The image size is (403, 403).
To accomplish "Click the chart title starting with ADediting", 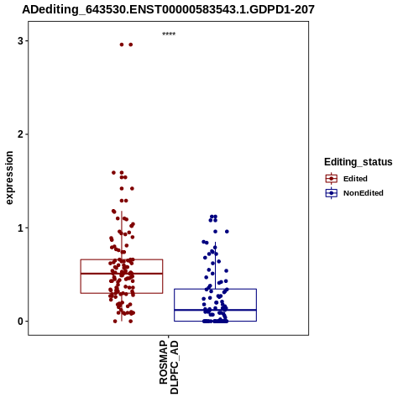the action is click(x=168, y=9).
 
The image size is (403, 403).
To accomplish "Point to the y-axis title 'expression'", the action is click(x=9, y=178).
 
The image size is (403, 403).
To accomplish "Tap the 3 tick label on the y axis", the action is click(x=20, y=41).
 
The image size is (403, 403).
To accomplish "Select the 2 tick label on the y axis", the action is click(x=20, y=134).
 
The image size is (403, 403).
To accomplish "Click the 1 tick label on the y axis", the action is click(x=20, y=228).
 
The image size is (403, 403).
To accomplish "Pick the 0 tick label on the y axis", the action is click(x=20, y=322).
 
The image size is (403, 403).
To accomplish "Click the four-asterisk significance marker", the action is click(x=169, y=34).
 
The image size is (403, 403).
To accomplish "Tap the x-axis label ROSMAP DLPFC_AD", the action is click(x=169, y=367).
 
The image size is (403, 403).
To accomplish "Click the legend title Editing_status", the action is click(x=359, y=162).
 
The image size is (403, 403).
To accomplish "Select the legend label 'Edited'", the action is click(x=355, y=179).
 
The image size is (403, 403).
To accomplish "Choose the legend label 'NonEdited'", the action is click(x=364, y=193).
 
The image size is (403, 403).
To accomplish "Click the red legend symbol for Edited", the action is click(x=332, y=179).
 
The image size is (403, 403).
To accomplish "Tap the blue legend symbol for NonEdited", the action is click(x=332, y=193).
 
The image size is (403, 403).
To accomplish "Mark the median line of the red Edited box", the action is click(x=122, y=274).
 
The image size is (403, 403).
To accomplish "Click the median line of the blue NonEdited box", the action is click(x=215, y=310).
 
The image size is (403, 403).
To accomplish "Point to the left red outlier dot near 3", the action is click(x=122, y=44).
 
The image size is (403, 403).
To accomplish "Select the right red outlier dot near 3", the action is click(x=130, y=44).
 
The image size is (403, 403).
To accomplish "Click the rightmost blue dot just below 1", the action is click(x=227, y=232).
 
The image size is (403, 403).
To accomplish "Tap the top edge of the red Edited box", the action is click(x=122, y=259).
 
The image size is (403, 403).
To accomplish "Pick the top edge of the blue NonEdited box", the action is click(x=215, y=289).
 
